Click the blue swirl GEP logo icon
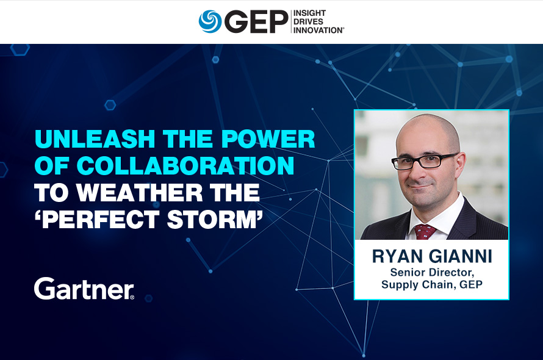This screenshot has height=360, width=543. coord(210,21)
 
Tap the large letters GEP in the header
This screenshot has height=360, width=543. coord(256,21)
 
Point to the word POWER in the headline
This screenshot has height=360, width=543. coord(268,139)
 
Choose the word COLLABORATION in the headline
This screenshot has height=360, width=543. coord(185,166)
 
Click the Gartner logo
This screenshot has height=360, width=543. coord(84,288)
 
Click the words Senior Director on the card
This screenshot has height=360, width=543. coord(432,272)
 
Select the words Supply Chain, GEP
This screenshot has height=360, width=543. coord(432,284)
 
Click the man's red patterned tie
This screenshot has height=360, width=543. coord(425,232)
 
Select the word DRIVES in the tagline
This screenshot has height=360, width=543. coord(308,21)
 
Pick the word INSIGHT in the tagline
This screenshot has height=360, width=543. coord(309,13)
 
